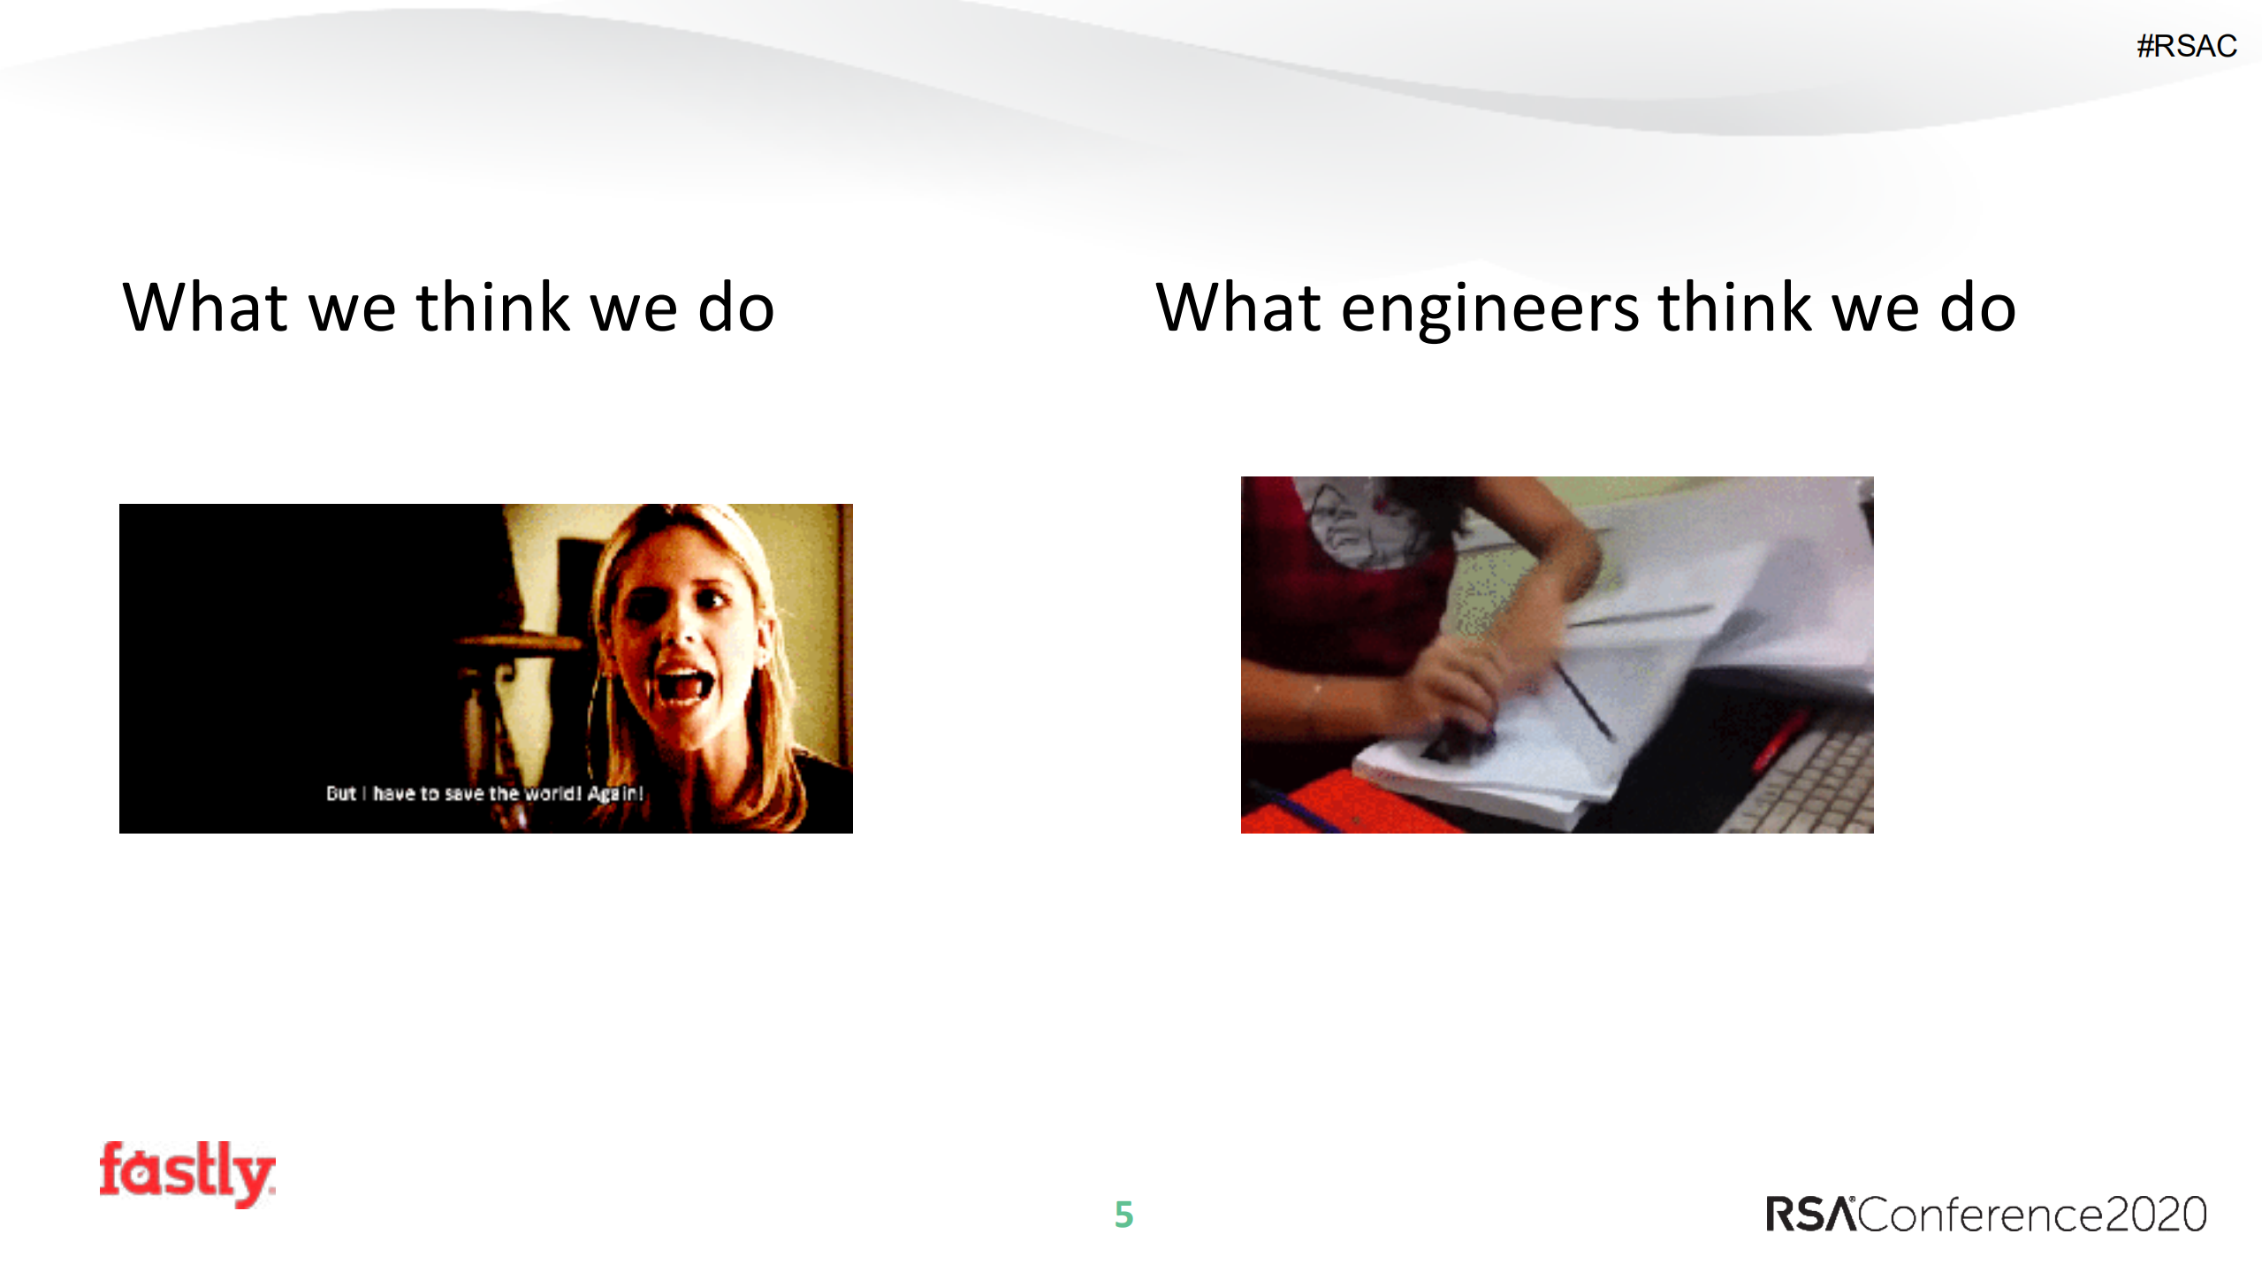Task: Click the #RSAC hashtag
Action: click(2186, 46)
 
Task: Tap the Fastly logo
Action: click(187, 1173)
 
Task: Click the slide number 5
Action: click(1123, 1215)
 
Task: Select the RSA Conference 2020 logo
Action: click(1985, 1214)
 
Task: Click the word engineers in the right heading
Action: click(1490, 309)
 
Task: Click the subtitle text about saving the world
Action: click(484, 793)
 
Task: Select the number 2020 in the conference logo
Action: click(2156, 1215)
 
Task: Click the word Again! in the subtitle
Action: click(616, 793)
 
